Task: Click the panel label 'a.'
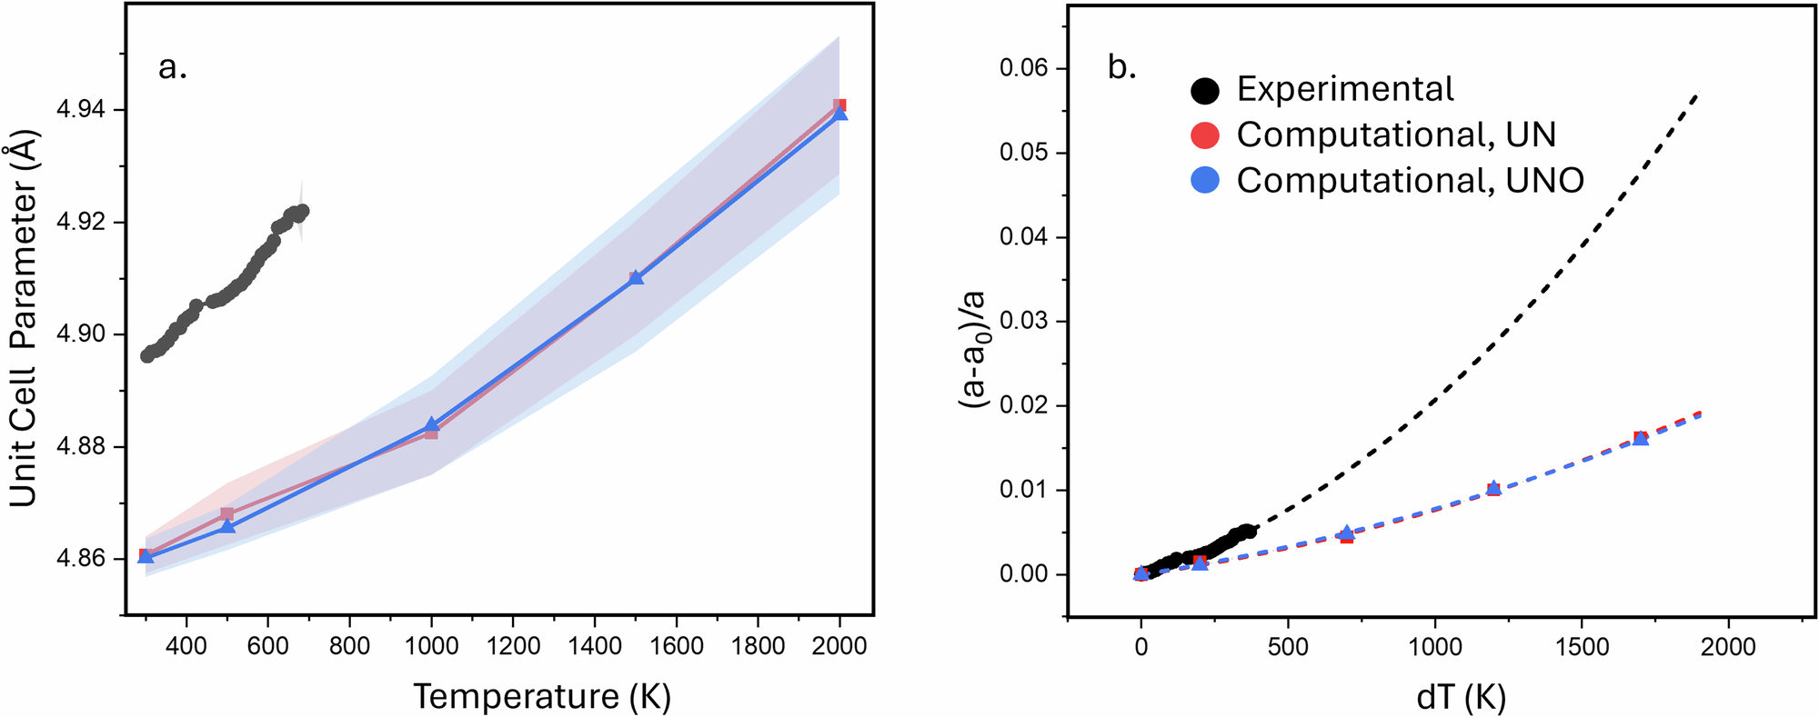[172, 67]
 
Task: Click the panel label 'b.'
[1122, 67]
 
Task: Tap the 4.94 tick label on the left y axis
[80, 110]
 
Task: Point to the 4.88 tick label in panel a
[80, 447]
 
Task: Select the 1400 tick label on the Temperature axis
[595, 646]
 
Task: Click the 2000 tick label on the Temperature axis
[839, 646]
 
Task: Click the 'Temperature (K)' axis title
[542, 697]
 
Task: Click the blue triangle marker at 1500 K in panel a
[636, 277]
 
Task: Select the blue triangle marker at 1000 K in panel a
[432, 424]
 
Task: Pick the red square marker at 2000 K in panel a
[840, 105]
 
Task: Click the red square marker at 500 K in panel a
[227, 514]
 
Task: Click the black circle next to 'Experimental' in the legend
[1205, 90]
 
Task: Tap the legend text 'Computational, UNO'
[1410, 181]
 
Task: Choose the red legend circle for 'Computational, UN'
[1205, 135]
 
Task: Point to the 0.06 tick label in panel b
[1023, 68]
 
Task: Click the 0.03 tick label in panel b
[1023, 322]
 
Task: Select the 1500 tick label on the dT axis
[1582, 647]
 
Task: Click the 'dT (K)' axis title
[1462, 697]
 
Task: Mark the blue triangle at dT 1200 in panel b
[1493, 488]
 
